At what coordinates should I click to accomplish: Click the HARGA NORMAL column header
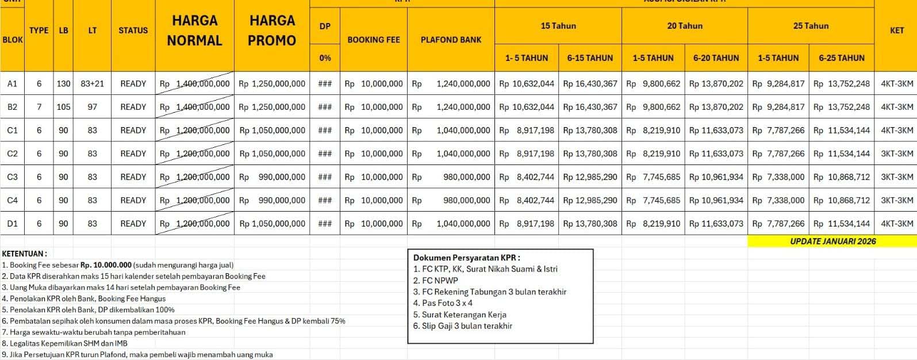(x=194, y=30)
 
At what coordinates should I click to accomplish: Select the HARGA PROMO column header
(x=272, y=30)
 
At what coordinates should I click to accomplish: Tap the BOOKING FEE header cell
(x=374, y=40)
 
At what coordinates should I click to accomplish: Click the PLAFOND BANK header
(x=451, y=40)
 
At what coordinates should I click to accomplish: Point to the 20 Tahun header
(x=684, y=26)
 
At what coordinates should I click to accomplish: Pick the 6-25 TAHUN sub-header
(x=841, y=58)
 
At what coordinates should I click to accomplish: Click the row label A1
(x=12, y=83)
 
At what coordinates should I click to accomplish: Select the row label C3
(x=12, y=177)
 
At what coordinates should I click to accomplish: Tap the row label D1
(x=12, y=224)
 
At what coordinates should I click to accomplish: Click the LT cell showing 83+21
(x=92, y=83)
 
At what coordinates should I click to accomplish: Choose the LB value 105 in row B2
(x=63, y=107)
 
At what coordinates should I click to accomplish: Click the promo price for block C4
(x=272, y=201)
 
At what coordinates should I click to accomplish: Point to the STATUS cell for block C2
(x=133, y=154)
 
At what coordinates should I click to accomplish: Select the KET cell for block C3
(x=896, y=177)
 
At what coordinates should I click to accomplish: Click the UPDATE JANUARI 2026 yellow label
(x=832, y=242)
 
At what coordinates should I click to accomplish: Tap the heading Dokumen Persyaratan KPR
(x=466, y=258)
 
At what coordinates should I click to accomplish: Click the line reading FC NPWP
(x=436, y=281)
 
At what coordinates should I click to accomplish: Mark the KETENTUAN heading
(x=25, y=254)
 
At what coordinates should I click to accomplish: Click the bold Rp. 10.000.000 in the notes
(x=106, y=265)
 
